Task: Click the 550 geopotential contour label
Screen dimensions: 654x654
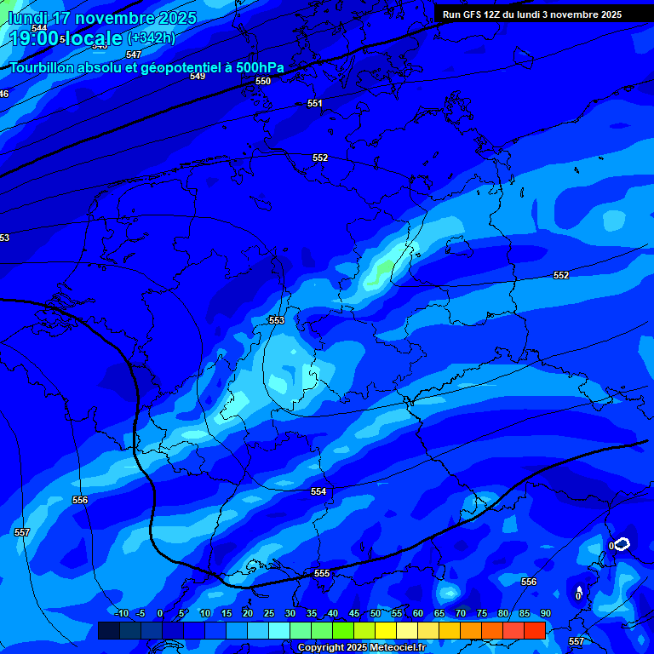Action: point(263,81)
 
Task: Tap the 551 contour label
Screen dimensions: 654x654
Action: point(315,103)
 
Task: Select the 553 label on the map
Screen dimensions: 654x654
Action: point(277,320)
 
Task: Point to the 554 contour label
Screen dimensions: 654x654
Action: point(318,491)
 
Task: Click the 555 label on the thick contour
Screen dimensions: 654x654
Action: point(322,573)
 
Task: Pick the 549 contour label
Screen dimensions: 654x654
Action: point(198,76)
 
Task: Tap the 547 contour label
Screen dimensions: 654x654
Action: point(134,54)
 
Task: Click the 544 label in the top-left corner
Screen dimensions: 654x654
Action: point(39,28)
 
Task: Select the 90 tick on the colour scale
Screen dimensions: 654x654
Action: point(545,613)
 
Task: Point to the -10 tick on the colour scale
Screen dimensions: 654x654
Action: point(121,613)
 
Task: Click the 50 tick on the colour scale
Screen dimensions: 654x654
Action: point(376,613)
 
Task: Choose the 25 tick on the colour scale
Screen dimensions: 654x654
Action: point(269,613)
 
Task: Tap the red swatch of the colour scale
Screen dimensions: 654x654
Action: point(534,630)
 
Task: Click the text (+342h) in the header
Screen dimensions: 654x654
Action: point(151,37)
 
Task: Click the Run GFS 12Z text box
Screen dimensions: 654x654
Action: point(532,14)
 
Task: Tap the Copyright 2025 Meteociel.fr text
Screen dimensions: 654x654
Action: point(361,648)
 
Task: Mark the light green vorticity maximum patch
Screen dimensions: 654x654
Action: point(382,271)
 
